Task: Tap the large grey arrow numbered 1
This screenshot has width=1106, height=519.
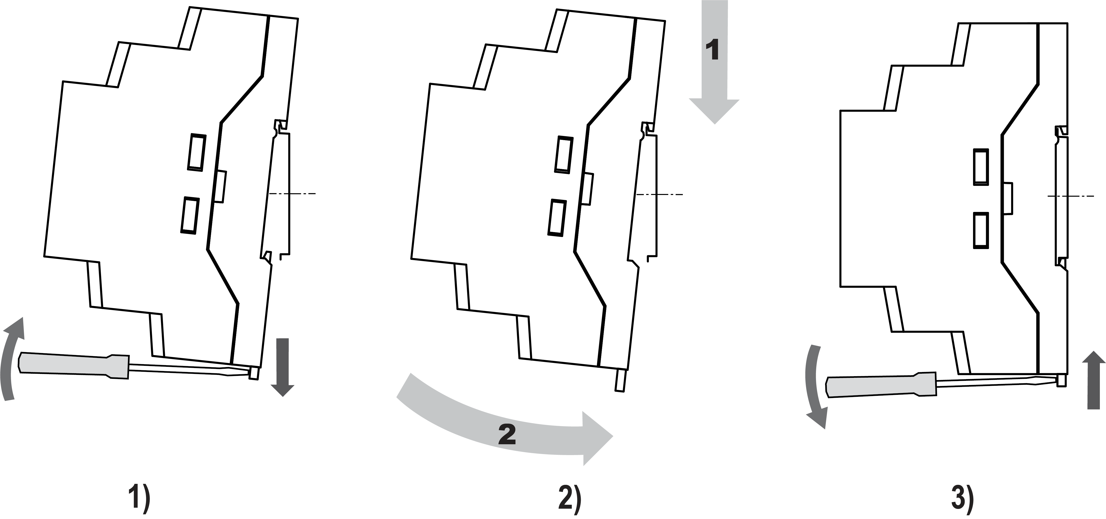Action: pos(714,64)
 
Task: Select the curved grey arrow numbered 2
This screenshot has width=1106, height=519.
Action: pos(507,430)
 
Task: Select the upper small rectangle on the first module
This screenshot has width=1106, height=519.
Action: pos(197,152)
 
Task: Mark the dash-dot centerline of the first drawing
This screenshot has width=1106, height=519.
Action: pos(292,194)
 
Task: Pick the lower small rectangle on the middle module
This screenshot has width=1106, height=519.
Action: pos(557,217)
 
